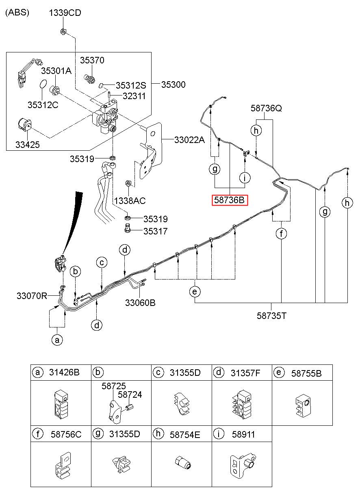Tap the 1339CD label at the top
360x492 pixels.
pyautogui.click(x=65, y=13)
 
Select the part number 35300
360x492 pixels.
pyautogui.click(x=173, y=85)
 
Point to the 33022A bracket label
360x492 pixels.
pyautogui.click(x=189, y=140)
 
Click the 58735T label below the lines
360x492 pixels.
pyautogui.click(x=272, y=315)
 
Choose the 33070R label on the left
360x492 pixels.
pyautogui.click(x=32, y=296)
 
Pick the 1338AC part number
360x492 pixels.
pyautogui.click(x=130, y=201)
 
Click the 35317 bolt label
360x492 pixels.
pyautogui.click(x=155, y=232)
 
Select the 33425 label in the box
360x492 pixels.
pyautogui.click(x=28, y=144)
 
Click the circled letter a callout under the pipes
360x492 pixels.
pyautogui.click(x=57, y=340)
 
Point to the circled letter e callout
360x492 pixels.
pyautogui.click(x=195, y=291)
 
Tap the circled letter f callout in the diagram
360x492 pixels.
pyautogui.click(x=281, y=234)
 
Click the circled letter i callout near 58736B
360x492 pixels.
pyautogui.click(x=245, y=178)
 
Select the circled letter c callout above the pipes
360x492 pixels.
pyautogui.click(x=102, y=262)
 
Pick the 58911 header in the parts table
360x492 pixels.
pyautogui.click(x=243, y=434)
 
